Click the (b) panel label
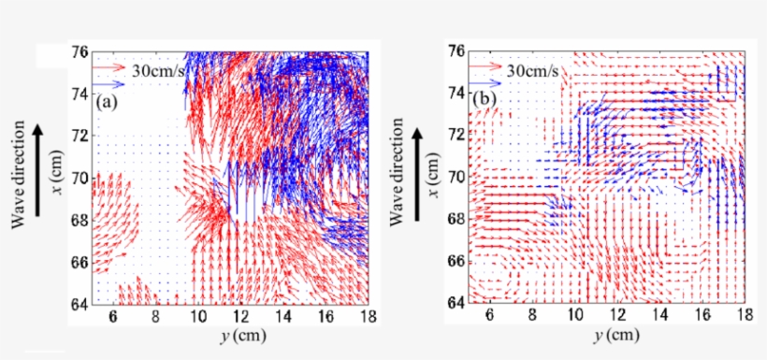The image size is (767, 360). (484, 97)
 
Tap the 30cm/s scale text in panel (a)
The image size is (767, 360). (158, 68)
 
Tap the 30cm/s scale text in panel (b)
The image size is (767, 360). (534, 69)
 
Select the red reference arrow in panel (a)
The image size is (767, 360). (109, 67)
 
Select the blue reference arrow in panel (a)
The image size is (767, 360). (109, 83)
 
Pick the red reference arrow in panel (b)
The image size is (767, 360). (486, 67)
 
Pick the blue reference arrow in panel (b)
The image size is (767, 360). (486, 82)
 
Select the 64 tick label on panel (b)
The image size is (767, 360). (457, 302)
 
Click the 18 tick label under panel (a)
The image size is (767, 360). (368, 318)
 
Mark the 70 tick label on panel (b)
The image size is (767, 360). (457, 176)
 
